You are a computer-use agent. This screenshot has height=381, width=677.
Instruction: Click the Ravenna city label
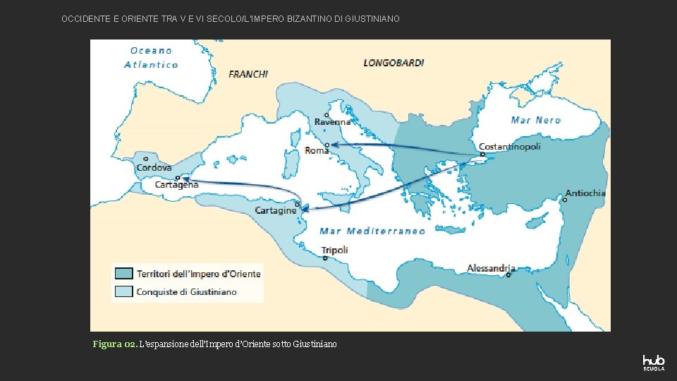[x=332, y=122]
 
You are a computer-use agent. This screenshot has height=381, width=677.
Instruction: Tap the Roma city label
[x=317, y=150]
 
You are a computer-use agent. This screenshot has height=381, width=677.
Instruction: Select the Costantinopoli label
[x=509, y=147]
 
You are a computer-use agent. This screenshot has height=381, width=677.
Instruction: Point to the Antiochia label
[x=585, y=193]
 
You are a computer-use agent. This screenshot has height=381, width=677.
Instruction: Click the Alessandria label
[x=491, y=268]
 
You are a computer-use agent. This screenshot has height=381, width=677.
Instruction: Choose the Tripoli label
[x=334, y=250]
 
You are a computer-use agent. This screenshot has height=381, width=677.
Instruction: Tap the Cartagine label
[x=275, y=211]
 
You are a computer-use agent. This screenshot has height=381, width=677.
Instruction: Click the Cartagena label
[x=176, y=184]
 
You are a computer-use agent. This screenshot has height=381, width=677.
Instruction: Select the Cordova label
[x=154, y=168]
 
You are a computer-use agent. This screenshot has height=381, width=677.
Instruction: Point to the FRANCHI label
[x=248, y=73]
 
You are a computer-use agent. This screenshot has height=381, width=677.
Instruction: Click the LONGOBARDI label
[x=394, y=63]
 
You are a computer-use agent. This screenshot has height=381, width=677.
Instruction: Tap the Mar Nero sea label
[x=535, y=120]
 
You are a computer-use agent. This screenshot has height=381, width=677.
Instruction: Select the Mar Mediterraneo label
[x=372, y=231]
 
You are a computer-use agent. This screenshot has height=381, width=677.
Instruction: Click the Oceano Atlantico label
[x=151, y=57]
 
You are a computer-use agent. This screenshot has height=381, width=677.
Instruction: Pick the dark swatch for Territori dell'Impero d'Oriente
[x=124, y=274]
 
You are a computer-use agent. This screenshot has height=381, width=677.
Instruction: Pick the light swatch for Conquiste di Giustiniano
[x=124, y=291]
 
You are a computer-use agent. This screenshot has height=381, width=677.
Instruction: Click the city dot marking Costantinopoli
[x=482, y=155]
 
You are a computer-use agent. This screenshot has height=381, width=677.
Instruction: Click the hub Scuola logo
[x=653, y=362]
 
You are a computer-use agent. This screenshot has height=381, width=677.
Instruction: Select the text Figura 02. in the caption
[x=114, y=344]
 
